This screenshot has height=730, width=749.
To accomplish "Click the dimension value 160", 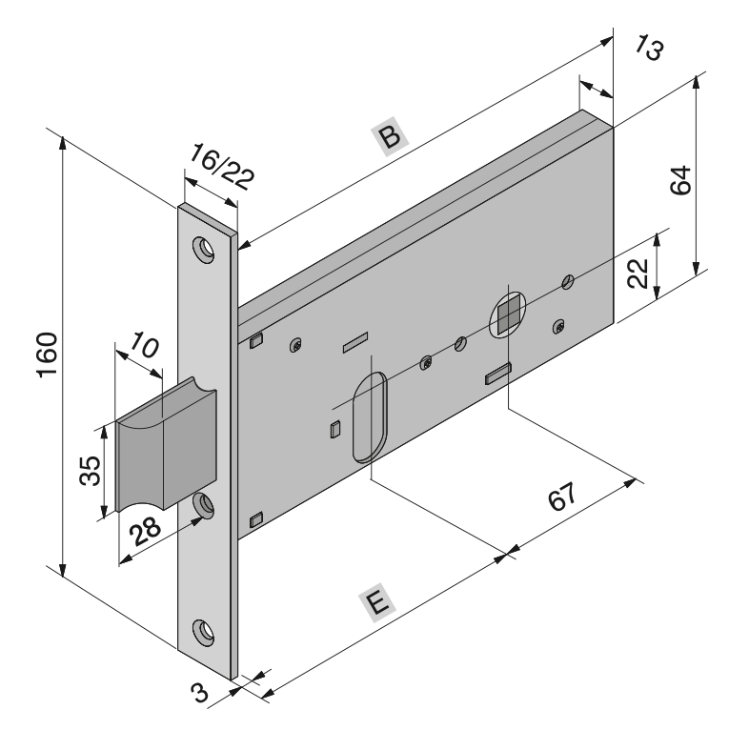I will (x=51, y=355).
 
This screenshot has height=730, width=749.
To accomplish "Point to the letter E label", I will (x=378, y=602).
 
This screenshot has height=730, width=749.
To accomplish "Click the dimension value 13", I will (x=648, y=51).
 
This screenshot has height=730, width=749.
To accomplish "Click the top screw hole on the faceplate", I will (x=205, y=247).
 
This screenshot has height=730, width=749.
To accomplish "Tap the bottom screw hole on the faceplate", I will (x=204, y=629).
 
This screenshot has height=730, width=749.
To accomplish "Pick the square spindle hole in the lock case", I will (x=509, y=312).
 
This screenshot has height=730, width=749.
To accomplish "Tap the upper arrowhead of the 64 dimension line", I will (x=698, y=79).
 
